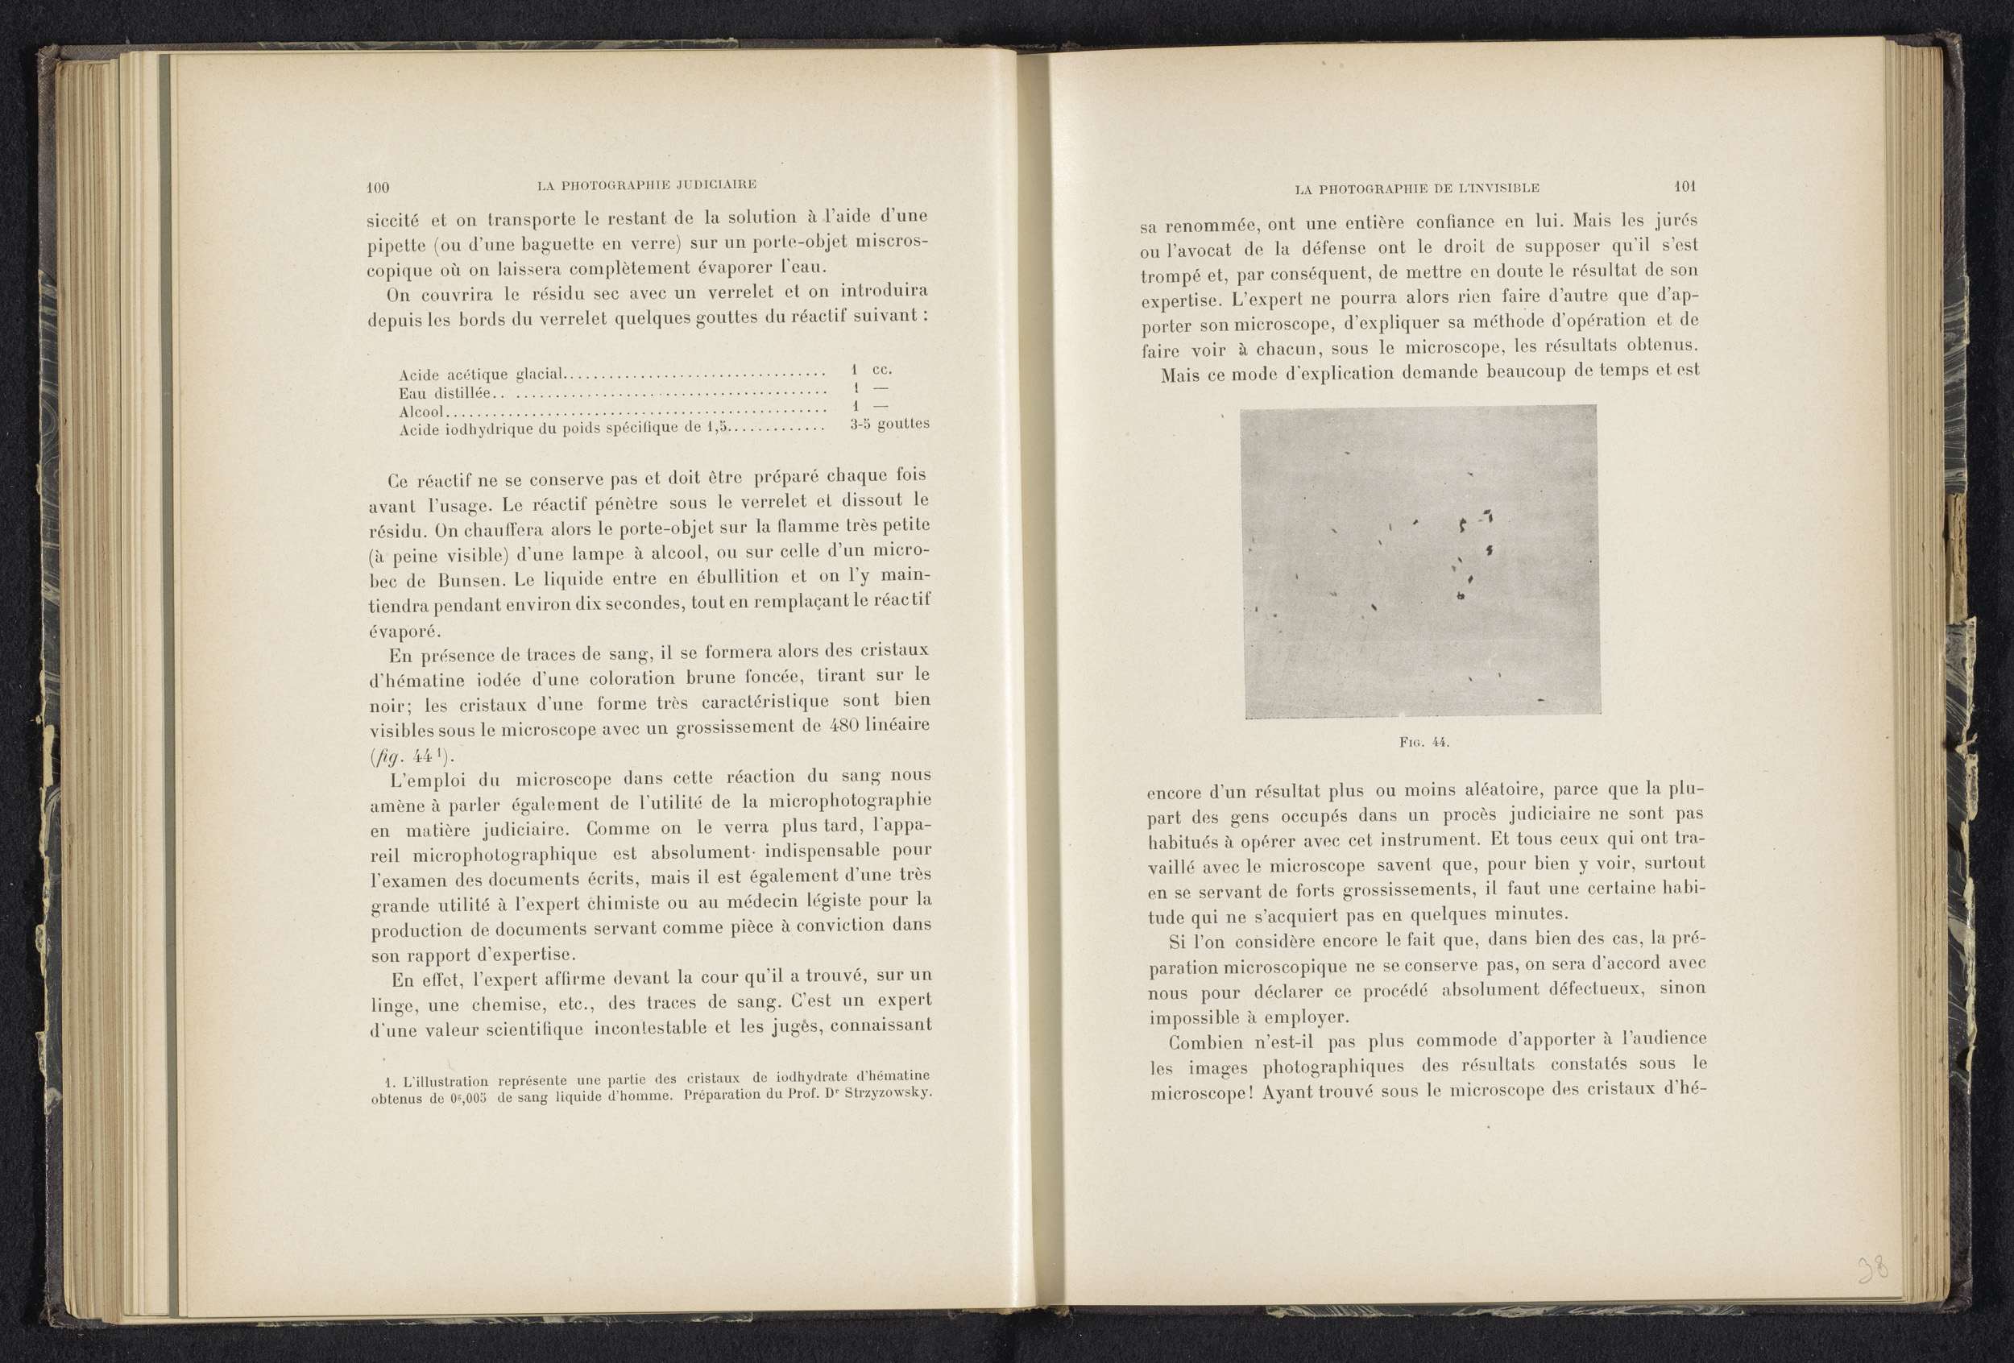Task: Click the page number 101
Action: click(x=1685, y=186)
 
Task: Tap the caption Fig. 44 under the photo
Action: click(x=1423, y=743)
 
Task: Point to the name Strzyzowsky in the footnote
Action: click(x=891, y=1092)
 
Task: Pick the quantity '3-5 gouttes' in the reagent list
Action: click(x=889, y=425)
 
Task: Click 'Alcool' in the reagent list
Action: click(x=421, y=412)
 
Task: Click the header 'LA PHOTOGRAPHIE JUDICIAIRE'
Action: click(x=646, y=184)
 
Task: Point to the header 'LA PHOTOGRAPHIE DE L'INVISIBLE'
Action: click(x=1417, y=188)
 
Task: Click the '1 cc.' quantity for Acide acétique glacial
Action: click(x=872, y=369)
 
